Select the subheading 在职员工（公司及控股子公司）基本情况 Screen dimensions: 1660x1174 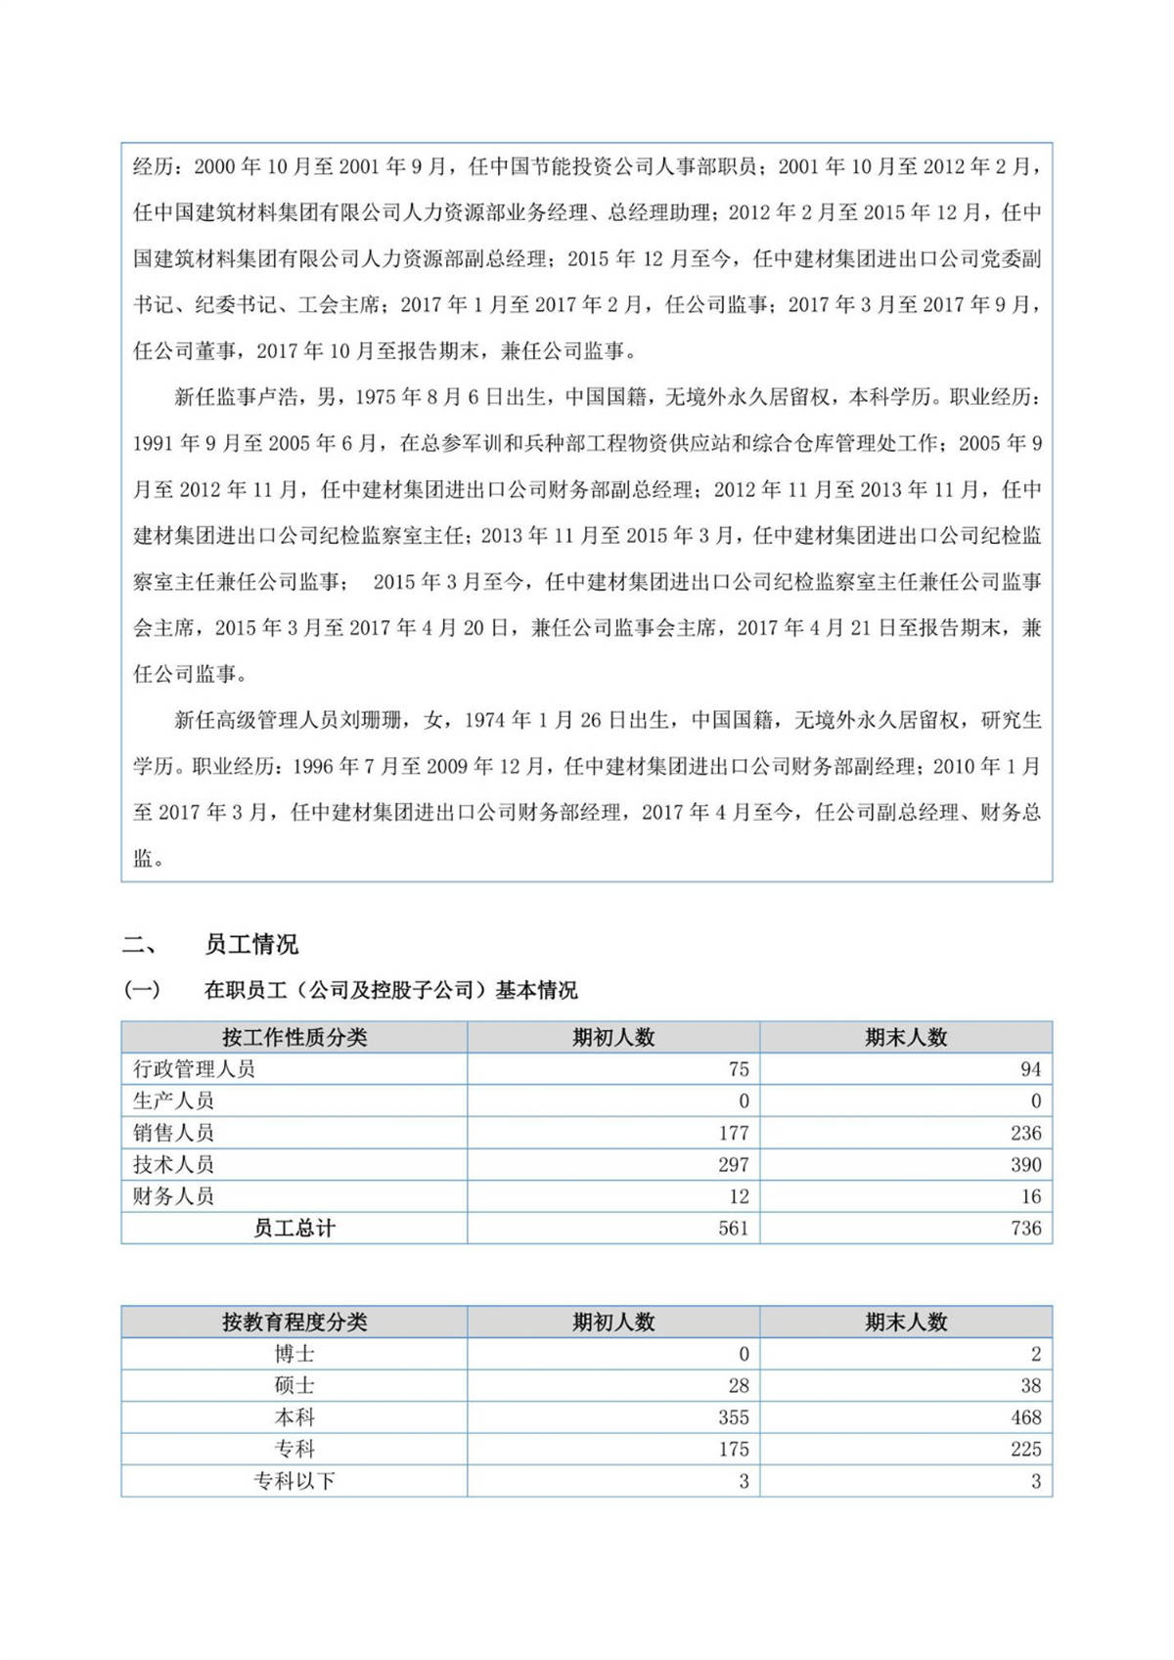pos(389,990)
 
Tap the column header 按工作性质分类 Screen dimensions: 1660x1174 pos(293,1037)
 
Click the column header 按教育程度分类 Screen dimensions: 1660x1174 pos(293,1322)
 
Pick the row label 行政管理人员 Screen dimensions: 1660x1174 pos(194,1069)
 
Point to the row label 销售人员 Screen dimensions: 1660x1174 pos(173,1133)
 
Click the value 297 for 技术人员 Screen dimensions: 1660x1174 pos(733,1164)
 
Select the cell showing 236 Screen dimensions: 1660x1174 pos(1025,1133)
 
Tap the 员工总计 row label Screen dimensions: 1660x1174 pos(293,1228)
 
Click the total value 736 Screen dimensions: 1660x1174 pos(1025,1228)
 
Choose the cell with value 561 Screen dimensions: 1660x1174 pos(733,1228)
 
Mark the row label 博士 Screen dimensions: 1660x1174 pos(293,1354)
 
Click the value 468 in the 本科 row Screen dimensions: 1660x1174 pos(1025,1417)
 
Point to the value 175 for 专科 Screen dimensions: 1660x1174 pos(733,1449)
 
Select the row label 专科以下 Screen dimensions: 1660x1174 pos(293,1481)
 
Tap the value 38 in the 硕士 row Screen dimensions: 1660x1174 pos(1030,1385)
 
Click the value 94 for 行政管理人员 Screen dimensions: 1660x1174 pos(1030,1069)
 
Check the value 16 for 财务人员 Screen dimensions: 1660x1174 pos(1030,1196)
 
